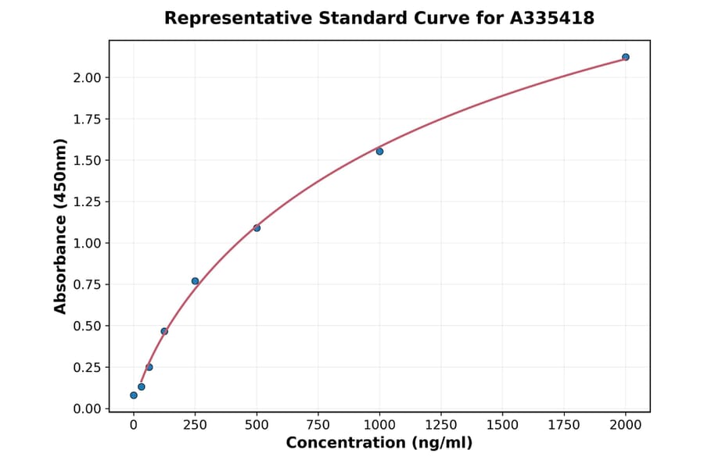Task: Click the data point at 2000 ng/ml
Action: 626,57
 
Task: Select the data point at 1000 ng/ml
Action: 379,152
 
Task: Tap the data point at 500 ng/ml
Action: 257,228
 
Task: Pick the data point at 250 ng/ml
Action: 196,281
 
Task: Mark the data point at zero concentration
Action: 134,395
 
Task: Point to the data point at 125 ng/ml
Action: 164,331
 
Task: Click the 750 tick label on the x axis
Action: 318,425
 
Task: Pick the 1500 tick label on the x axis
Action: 502,425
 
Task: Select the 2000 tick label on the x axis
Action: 626,425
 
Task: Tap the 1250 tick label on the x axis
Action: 441,425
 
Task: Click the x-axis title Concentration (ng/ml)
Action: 379,444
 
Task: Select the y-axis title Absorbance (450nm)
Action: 61,226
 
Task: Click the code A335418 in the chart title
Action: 552,18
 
